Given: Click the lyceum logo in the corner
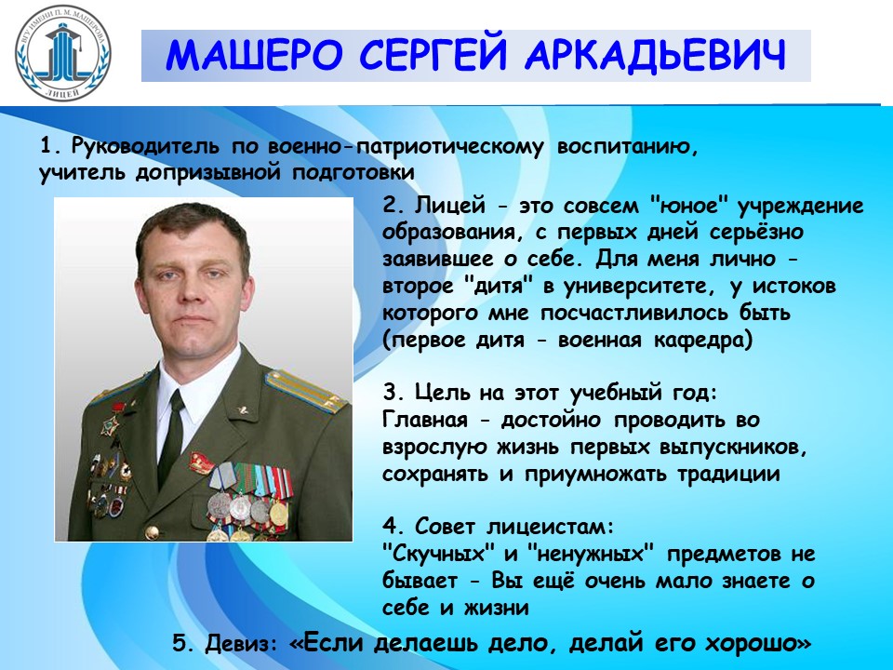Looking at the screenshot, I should coord(62,52).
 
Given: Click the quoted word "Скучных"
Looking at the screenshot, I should coord(439,555).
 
